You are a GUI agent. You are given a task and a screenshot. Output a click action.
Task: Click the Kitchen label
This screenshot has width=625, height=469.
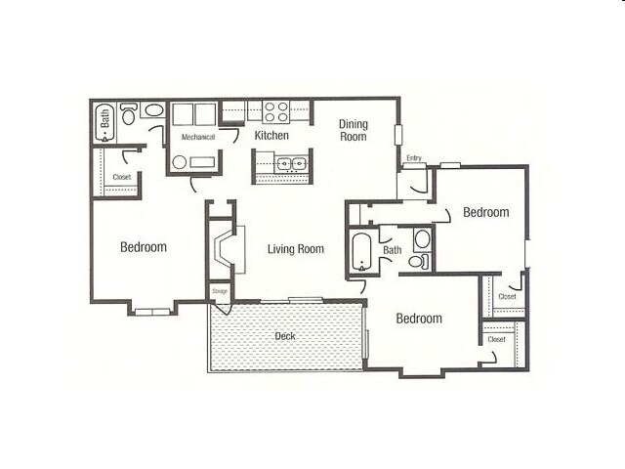pyautogui.click(x=271, y=135)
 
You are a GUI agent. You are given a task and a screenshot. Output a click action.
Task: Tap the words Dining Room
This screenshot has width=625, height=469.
pyautogui.click(x=353, y=130)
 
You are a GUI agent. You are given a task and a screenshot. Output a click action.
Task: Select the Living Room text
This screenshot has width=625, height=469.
pyautogui.click(x=295, y=249)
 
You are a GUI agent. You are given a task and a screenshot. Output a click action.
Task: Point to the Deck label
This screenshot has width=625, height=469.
pyautogui.click(x=284, y=337)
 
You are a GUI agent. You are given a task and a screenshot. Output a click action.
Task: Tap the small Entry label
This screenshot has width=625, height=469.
pyautogui.click(x=414, y=158)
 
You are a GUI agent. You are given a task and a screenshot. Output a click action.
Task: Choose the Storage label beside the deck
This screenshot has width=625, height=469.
pyautogui.click(x=220, y=291)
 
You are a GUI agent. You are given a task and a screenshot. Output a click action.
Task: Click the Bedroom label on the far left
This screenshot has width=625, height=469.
pyautogui.click(x=144, y=247)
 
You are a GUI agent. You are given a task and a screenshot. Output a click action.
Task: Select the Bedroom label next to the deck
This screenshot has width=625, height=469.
pyautogui.click(x=419, y=319)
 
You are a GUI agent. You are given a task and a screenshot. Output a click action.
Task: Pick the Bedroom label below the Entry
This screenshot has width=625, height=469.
pyautogui.click(x=485, y=212)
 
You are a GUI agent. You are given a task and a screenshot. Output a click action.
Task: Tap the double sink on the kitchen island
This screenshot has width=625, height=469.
pyautogui.click(x=290, y=164)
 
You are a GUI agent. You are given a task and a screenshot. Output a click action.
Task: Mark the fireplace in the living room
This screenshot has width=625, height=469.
pyautogui.click(x=224, y=248)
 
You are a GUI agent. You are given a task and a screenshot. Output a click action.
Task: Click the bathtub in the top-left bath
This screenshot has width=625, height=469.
pyautogui.click(x=105, y=122)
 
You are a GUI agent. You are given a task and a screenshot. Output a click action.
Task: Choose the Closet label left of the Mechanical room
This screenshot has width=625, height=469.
pyautogui.click(x=121, y=177)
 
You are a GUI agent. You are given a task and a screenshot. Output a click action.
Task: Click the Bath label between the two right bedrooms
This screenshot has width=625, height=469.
pyautogui.click(x=392, y=251)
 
